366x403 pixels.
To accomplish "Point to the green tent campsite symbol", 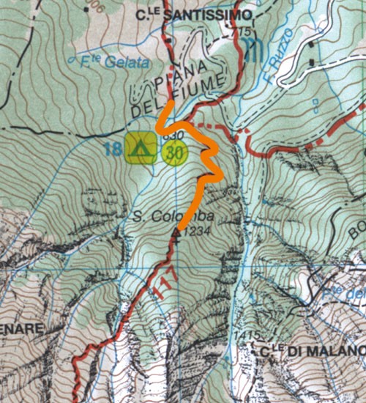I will (140, 147).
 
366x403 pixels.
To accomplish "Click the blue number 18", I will (112, 150).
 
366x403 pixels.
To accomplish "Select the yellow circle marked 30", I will (174, 155).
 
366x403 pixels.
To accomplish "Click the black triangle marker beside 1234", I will (176, 234).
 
